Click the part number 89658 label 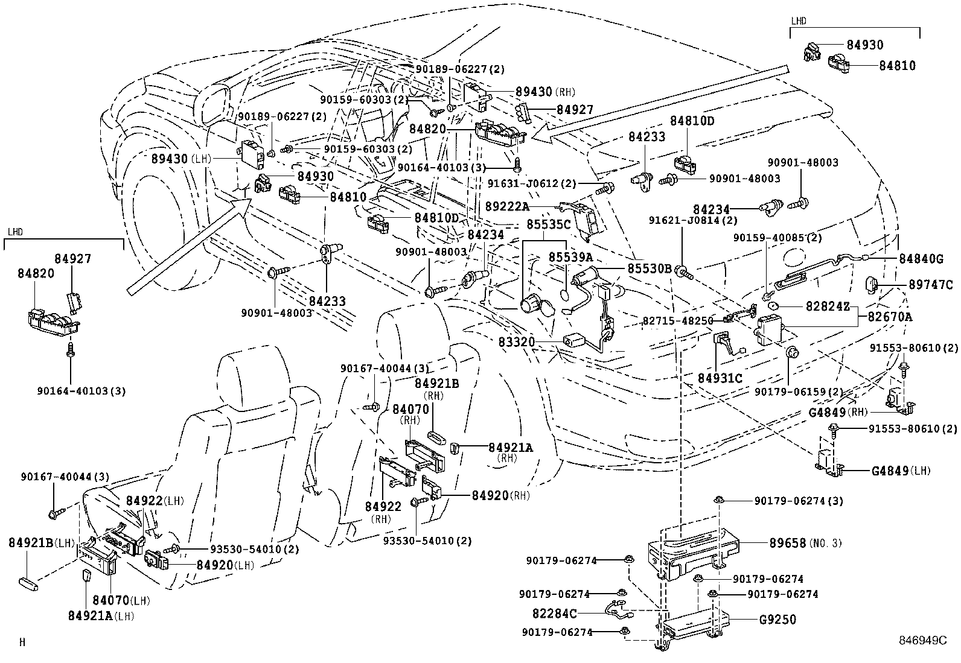[x=787, y=543]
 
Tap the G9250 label [x=777, y=620]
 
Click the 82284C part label [x=554, y=614]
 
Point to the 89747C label [x=931, y=285]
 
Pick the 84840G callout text [x=921, y=258]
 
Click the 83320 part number [x=517, y=342]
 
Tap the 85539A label [x=570, y=257]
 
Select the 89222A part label [x=507, y=206]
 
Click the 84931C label [x=720, y=378]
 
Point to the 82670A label [x=890, y=317]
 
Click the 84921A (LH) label [x=101, y=616]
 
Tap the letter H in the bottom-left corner [x=22, y=642]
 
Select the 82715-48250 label [x=677, y=321]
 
